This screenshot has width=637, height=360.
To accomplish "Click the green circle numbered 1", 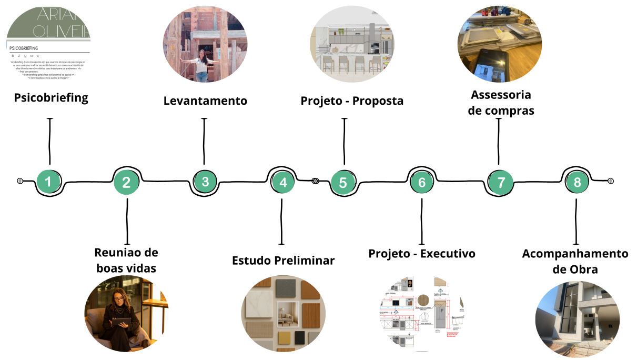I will pos(48,182).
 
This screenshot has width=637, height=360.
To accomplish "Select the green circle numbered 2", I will pos(126,182).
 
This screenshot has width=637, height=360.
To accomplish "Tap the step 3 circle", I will pos(205,182).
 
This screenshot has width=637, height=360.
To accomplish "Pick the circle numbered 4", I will pos(284,182).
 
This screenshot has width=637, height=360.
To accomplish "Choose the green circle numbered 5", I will pos(343,183).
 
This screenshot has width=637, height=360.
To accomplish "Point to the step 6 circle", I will pos(422,182).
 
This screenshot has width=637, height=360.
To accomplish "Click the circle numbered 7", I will pos(501,183).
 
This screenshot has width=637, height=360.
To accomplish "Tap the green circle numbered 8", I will pos(578,182).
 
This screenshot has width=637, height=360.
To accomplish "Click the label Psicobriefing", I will pos(51,98).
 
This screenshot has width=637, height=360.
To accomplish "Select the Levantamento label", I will pos(205,101).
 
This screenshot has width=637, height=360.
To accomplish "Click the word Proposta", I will pos(378,101).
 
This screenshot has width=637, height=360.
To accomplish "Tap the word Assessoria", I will pos(501,95).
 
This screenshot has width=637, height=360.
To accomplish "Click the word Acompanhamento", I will pos(575,254).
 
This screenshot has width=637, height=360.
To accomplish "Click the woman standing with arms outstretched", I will pos(201,66).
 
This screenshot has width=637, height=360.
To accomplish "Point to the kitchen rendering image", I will pos(351,45).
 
